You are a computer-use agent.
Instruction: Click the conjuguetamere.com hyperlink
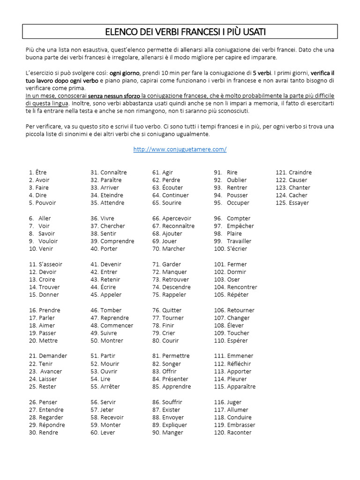pyautogui.click(x=180, y=149)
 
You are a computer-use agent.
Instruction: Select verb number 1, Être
pyautogui.click(x=41, y=172)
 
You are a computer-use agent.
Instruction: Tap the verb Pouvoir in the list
pyautogui.click(x=45, y=203)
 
